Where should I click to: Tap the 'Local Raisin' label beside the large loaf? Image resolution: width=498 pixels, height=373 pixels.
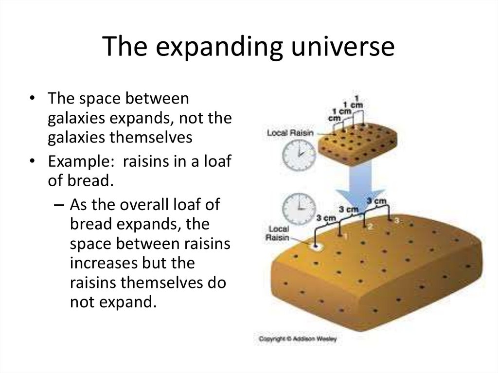[x=278, y=233]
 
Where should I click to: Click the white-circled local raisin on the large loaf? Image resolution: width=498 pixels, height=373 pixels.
[x=316, y=247]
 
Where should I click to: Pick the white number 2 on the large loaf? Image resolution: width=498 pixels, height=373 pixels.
[x=370, y=226]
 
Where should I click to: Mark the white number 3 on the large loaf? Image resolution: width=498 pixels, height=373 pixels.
[x=396, y=221]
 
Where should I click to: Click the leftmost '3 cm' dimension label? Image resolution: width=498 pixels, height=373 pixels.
[x=325, y=218]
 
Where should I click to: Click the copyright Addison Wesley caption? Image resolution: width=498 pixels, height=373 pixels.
[x=297, y=338]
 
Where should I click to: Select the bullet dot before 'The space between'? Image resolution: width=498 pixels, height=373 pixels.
[x=32, y=99]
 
